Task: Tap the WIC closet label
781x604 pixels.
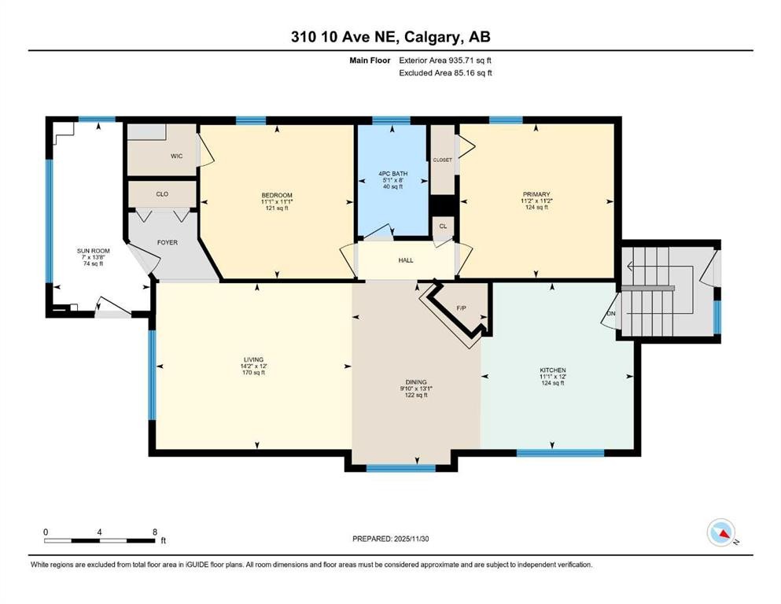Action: pyautogui.click(x=177, y=156)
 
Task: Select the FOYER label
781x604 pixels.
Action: pyautogui.click(x=168, y=242)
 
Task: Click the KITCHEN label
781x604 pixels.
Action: pyautogui.click(x=553, y=370)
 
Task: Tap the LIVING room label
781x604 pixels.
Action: pyautogui.click(x=256, y=358)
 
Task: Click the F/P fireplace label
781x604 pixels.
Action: pyautogui.click(x=462, y=308)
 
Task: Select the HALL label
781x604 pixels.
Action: pyautogui.click(x=406, y=260)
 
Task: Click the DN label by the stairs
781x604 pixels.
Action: pyautogui.click(x=611, y=314)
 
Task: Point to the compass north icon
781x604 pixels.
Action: pyautogui.click(x=720, y=533)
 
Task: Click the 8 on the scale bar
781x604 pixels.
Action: pyautogui.click(x=155, y=531)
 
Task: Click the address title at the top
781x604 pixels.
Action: pyautogui.click(x=390, y=37)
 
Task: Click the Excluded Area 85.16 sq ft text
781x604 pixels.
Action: pyautogui.click(x=445, y=73)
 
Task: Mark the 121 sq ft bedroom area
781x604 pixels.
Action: pyautogui.click(x=277, y=209)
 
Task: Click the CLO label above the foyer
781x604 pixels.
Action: pyautogui.click(x=162, y=193)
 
